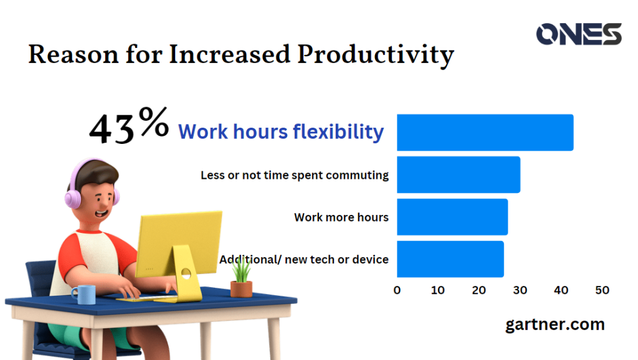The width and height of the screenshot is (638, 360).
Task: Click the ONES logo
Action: (578, 34)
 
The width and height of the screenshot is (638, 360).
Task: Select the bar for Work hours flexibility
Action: (485, 133)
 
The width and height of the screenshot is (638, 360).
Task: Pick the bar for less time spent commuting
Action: (458, 175)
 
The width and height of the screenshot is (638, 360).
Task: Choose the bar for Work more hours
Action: (452, 217)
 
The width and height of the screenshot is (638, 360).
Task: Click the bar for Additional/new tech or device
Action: (450, 259)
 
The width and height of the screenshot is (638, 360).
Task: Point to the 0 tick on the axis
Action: (398, 290)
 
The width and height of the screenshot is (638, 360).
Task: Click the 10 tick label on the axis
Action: (438, 290)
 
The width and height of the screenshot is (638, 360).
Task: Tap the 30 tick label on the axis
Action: (520, 290)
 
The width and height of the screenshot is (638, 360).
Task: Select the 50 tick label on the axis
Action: (602, 290)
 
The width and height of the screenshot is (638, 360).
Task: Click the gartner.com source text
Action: (555, 324)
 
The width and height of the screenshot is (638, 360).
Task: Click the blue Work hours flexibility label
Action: (280, 132)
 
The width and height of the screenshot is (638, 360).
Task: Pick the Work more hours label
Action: (341, 217)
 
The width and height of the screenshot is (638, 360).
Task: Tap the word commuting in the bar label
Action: (358, 176)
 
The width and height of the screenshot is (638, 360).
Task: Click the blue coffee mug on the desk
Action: (83, 294)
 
